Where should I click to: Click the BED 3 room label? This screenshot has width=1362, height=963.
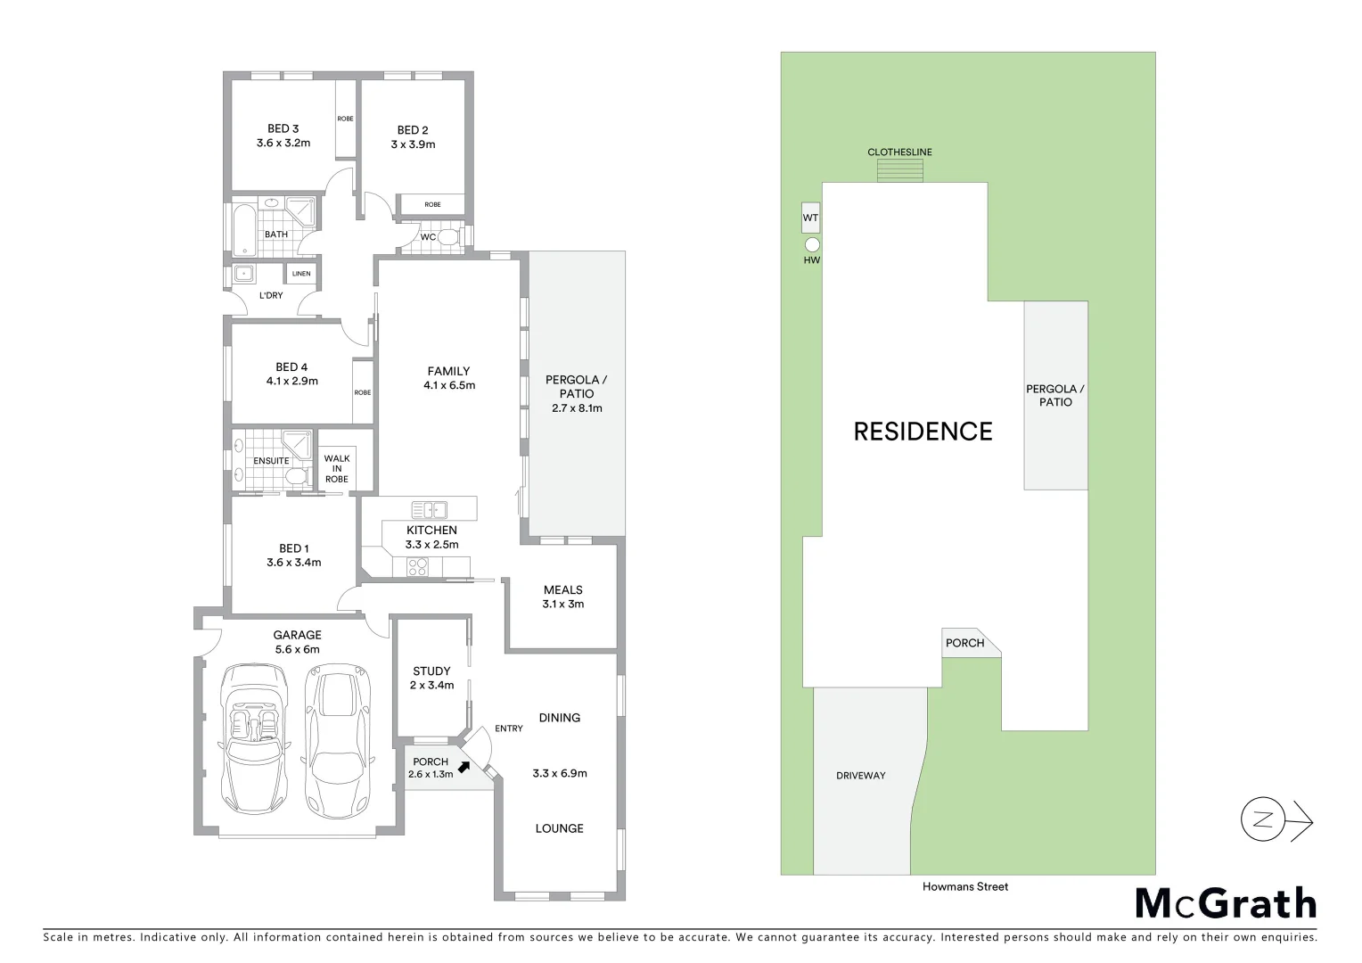[x=283, y=128]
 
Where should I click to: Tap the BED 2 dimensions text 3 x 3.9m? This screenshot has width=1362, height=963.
[x=413, y=144]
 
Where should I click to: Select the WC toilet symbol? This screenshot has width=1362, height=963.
[x=448, y=237]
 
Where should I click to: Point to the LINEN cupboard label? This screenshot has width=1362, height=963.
[x=301, y=274]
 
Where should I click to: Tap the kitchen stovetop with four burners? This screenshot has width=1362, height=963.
[x=417, y=566]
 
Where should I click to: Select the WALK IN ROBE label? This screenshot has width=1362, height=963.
[x=337, y=468]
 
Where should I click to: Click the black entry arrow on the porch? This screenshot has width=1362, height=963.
[x=464, y=765]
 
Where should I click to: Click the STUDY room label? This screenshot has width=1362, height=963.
[x=431, y=671]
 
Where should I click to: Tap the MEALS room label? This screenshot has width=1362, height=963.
[x=562, y=589]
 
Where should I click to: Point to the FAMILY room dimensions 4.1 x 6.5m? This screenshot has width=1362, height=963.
[x=449, y=386]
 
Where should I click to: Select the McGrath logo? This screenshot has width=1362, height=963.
[x=1226, y=903]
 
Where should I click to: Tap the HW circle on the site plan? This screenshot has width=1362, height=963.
[x=811, y=245]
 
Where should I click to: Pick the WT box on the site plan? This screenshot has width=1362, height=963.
[x=810, y=218]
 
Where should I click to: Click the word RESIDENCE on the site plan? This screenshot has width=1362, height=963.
[x=923, y=432]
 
